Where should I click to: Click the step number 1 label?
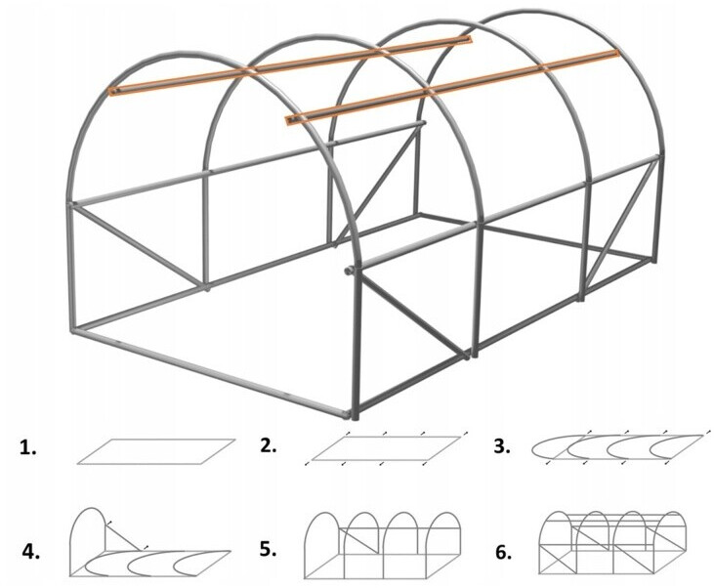(x=27, y=448)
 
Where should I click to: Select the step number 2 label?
(x=269, y=446)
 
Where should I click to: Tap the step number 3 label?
(x=502, y=446)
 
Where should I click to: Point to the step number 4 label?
(x=31, y=552)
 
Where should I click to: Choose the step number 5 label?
(x=269, y=549)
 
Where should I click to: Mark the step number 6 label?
(x=504, y=553)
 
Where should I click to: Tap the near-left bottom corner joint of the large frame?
(x=74, y=329)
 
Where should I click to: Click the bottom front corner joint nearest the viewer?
(x=352, y=414)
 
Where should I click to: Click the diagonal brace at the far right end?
(x=619, y=223)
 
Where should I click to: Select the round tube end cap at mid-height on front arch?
(x=349, y=271)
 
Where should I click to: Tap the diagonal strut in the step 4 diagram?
(x=123, y=536)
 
